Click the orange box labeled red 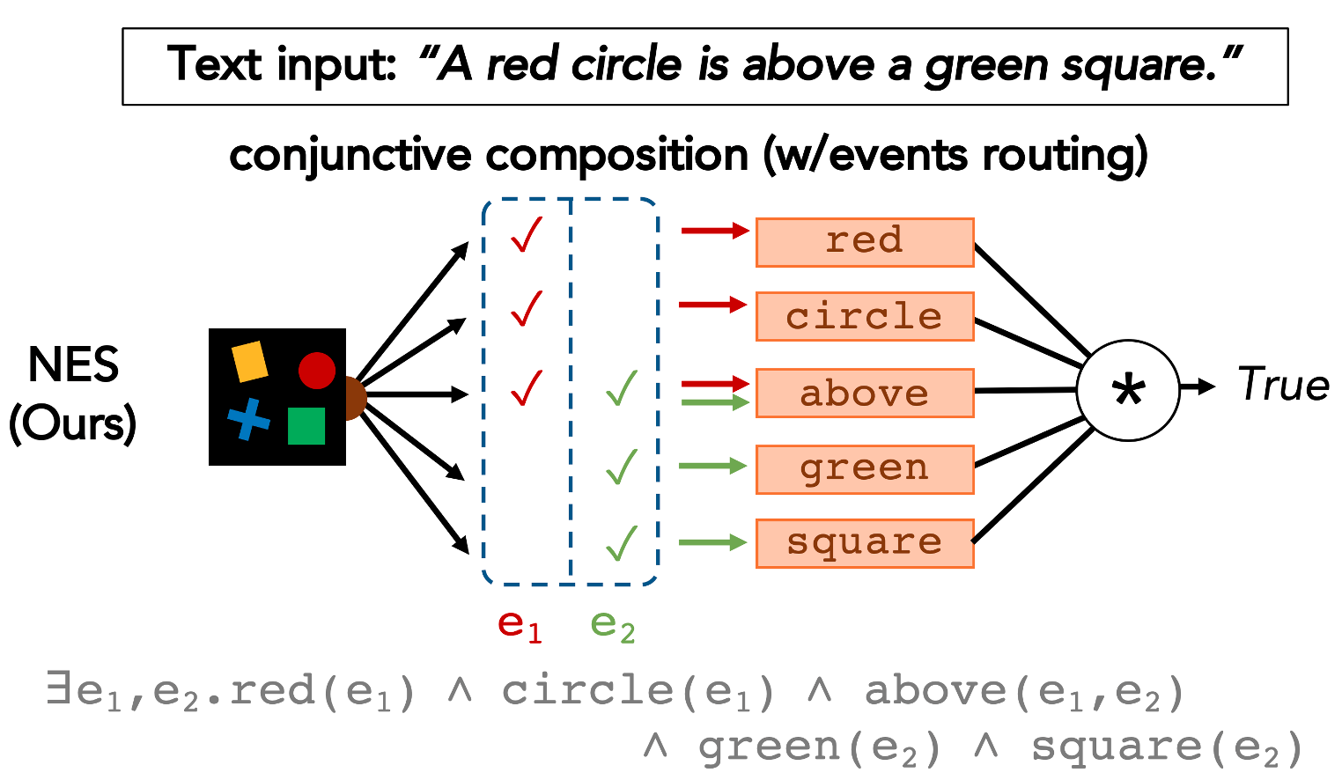coord(865,242)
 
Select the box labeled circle coord(865,317)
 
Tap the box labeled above coord(865,393)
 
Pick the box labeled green coord(865,469)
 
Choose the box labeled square coord(865,543)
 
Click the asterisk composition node coord(1128,390)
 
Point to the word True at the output coord(1283,386)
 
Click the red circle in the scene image coord(317,371)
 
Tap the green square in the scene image coord(306,426)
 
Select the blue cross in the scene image coord(249,419)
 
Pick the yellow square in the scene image coord(249,362)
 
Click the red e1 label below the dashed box coord(520,626)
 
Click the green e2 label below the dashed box coord(613,626)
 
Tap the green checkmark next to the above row coord(622,388)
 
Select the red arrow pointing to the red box coord(714,231)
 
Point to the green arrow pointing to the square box coord(714,542)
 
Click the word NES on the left coord(73,365)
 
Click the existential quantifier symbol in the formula coord(59,690)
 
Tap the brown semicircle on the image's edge coord(354,398)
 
